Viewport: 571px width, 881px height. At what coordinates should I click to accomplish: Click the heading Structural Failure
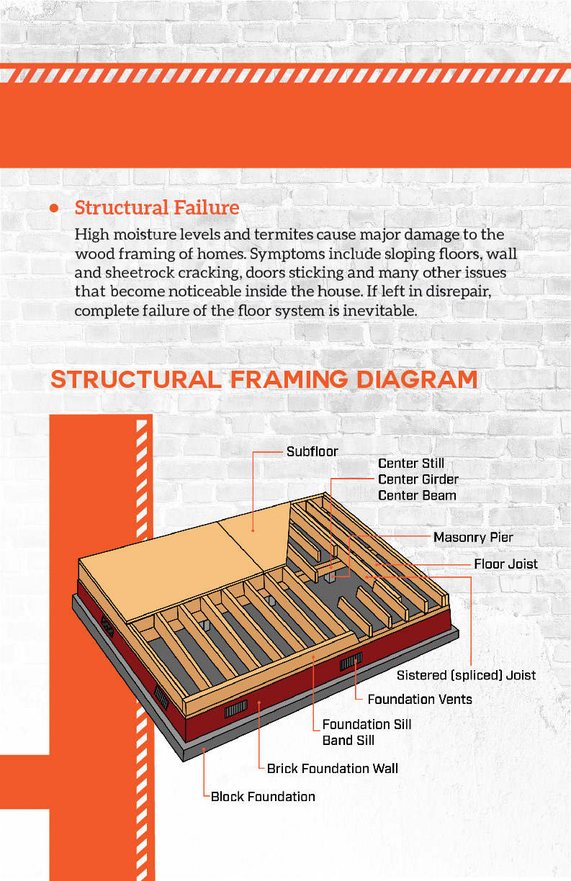[157, 208]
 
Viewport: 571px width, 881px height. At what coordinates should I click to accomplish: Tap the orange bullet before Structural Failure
[54, 208]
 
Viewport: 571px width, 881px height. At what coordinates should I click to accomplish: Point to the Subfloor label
[312, 452]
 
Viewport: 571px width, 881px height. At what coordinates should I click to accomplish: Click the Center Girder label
[418, 479]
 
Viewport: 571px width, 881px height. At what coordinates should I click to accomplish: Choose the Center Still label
[411, 464]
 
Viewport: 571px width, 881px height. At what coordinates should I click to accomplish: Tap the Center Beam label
[417, 495]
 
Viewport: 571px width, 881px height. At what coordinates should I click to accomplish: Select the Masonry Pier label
[473, 538]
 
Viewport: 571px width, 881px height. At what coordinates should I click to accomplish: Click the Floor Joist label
[505, 564]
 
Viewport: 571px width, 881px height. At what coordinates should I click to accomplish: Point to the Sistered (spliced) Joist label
[466, 675]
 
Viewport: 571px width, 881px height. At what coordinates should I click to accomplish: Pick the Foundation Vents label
[420, 699]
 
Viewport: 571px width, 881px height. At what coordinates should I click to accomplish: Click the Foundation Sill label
[367, 725]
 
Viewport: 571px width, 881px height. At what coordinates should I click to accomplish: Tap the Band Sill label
[349, 741]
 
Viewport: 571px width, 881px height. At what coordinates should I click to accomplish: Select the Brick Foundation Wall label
[332, 769]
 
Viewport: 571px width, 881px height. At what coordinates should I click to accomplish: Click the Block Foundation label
[263, 797]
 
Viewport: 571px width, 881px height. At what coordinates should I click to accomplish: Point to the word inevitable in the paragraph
[377, 311]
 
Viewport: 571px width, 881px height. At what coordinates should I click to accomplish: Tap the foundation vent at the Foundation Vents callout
[350, 661]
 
